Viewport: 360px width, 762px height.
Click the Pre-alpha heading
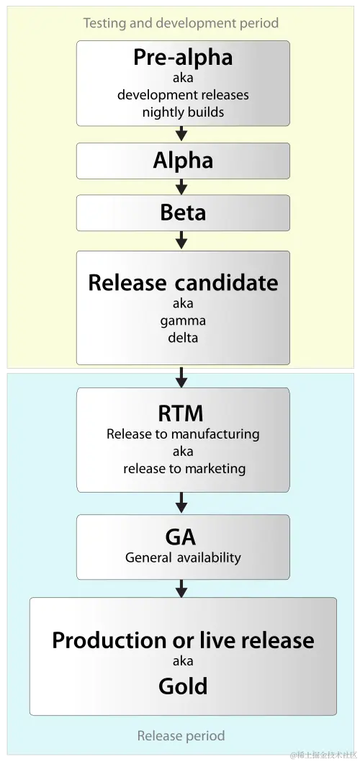point(183,58)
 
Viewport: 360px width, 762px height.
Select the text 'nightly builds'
point(183,112)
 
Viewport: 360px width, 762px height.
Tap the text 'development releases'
point(183,95)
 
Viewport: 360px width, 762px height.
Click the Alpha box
point(183,161)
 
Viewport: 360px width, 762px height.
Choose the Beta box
point(183,212)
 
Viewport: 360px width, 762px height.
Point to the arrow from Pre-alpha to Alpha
point(182,134)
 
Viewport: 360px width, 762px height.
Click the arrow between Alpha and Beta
point(182,187)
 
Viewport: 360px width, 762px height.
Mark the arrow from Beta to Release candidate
point(182,240)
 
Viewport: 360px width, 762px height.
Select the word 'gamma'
point(183,320)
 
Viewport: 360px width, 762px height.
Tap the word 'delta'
point(183,336)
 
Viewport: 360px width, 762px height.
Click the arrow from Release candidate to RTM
point(182,377)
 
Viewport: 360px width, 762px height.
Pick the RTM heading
point(181,413)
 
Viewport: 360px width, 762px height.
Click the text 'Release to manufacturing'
point(183,434)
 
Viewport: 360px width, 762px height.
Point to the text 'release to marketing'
point(184,468)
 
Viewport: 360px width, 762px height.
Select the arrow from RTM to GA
point(182,503)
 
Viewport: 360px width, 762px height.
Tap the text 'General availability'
point(183,557)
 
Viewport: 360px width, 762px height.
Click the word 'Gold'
point(183,686)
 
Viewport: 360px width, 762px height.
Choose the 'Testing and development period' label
point(181,23)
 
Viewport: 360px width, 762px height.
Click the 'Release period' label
point(181,735)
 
